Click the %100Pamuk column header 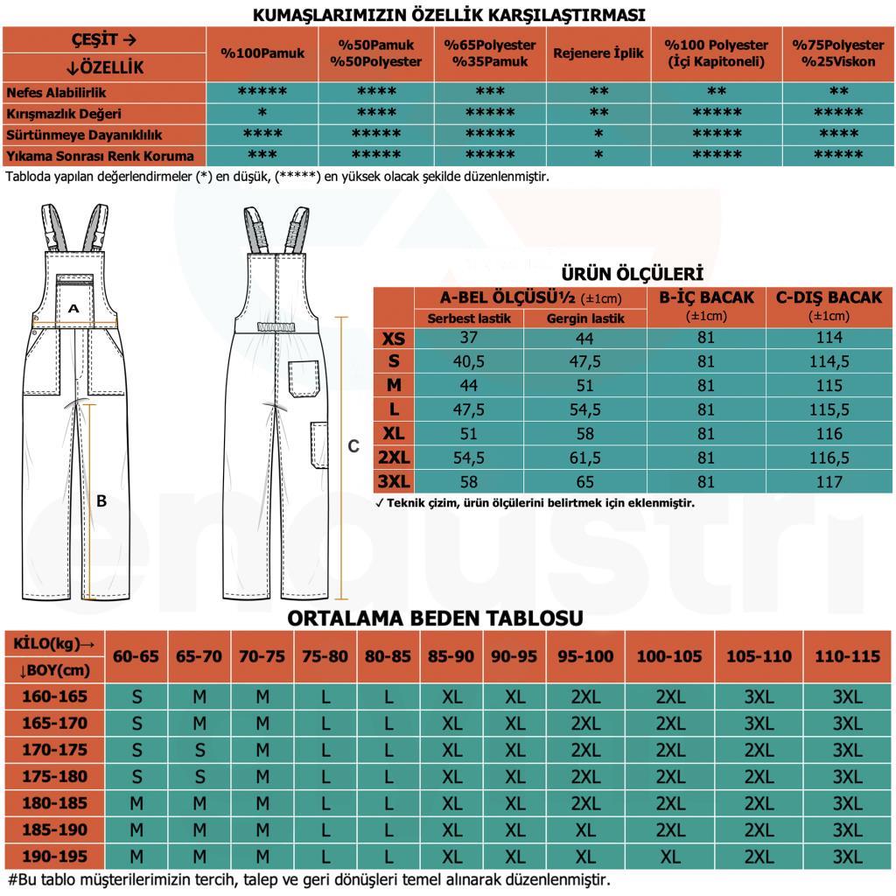(x=262, y=53)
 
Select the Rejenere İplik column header (x=598, y=53)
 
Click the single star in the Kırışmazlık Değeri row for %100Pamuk (x=262, y=114)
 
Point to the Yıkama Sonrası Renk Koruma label (x=101, y=156)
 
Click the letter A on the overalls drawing (x=73, y=309)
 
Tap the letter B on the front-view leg (x=101, y=501)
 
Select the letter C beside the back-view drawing (x=353, y=446)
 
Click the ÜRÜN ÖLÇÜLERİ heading (x=632, y=273)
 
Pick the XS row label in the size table (x=394, y=338)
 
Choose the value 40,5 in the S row (x=469, y=361)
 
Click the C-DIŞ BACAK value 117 (x=829, y=481)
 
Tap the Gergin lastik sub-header (x=585, y=318)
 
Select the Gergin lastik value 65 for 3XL (x=585, y=481)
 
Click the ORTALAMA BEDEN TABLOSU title (x=435, y=619)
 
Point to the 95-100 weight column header (x=585, y=656)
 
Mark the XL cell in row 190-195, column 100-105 (x=670, y=856)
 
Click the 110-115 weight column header (x=847, y=656)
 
